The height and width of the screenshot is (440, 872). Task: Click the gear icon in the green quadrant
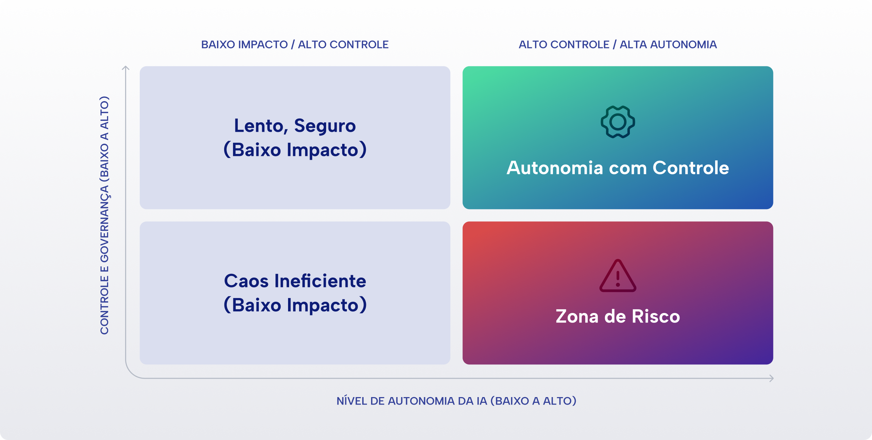click(x=618, y=122)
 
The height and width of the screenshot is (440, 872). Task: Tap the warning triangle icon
click(x=618, y=276)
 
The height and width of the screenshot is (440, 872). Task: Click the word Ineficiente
click(x=320, y=281)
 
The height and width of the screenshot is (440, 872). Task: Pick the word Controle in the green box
click(x=691, y=168)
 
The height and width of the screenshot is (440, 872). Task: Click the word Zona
click(x=577, y=316)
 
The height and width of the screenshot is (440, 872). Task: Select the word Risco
click(x=656, y=316)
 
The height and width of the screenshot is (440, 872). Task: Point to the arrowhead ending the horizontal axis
click(x=772, y=378)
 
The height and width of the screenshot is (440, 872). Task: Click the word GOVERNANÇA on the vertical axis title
click(x=104, y=223)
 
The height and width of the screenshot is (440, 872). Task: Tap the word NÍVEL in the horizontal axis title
click(x=352, y=401)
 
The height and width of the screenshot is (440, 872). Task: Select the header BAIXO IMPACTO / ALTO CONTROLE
click(x=295, y=45)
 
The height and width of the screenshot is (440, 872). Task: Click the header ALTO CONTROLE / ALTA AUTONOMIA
click(x=618, y=45)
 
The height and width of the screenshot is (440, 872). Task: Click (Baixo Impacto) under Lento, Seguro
click(x=295, y=150)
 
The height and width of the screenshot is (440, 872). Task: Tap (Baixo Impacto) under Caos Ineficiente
click(x=295, y=305)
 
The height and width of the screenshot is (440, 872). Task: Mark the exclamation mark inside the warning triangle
click(x=618, y=278)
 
